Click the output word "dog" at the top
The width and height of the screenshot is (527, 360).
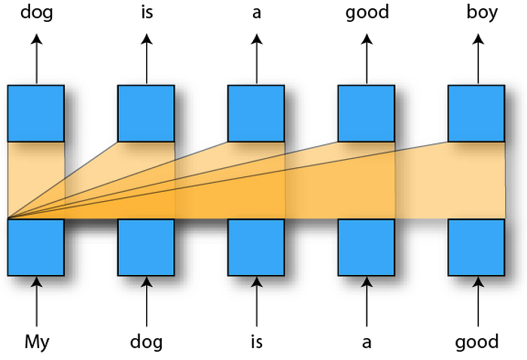pyautogui.click(x=37, y=13)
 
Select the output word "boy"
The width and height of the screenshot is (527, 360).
pyautogui.click(x=482, y=13)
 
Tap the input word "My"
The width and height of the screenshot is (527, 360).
pyautogui.click(x=37, y=343)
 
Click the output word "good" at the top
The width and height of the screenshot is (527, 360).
pyautogui.click(x=367, y=13)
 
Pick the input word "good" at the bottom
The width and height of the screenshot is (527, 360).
pyautogui.click(x=477, y=343)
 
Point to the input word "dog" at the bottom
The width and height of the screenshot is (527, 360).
pyautogui.click(x=146, y=343)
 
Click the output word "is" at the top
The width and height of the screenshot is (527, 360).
pyautogui.click(x=147, y=13)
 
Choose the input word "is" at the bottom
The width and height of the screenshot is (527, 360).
pyautogui.click(x=257, y=342)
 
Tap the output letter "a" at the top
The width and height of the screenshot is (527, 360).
pyautogui.click(x=257, y=14)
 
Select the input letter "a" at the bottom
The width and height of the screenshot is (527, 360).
pyautogui.click(x=367, y=343)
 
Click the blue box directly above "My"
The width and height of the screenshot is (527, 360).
pyautogui.click(x=36, y=247)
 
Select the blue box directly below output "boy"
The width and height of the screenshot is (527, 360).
pyautogui.click(x=477, y=113)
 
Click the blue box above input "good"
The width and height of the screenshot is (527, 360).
pyautogui.click(x=477, y=247)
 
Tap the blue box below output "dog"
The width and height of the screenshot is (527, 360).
pyautogui.click(x=36, y=113)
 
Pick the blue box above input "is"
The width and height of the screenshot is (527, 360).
pyautogui.click(x=256, y=247)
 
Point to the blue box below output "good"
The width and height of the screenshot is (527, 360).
pyautogui.click(x=367, y=113)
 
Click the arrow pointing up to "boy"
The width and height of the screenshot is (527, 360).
pyautogui.click(x=478, y=59)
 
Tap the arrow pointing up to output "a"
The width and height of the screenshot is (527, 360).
pyautogui.click(x=257, y=59)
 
